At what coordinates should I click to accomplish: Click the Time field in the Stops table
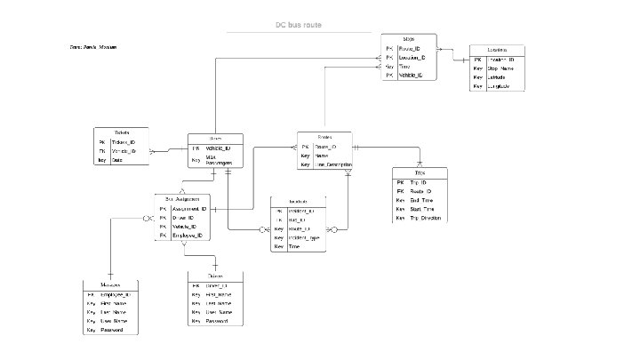click(405, 67)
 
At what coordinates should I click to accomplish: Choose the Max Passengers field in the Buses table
click(218, 161)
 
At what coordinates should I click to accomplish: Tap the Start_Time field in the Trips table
click(422, 209)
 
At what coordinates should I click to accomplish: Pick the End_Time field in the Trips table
click(421, 200)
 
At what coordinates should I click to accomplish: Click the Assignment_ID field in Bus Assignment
click(188, 209)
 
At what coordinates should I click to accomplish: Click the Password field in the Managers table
click(113, 330)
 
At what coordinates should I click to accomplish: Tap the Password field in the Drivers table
click(218, 321)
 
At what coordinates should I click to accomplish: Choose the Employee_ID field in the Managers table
click(116, 294)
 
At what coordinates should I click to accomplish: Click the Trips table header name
click(420, 172)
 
